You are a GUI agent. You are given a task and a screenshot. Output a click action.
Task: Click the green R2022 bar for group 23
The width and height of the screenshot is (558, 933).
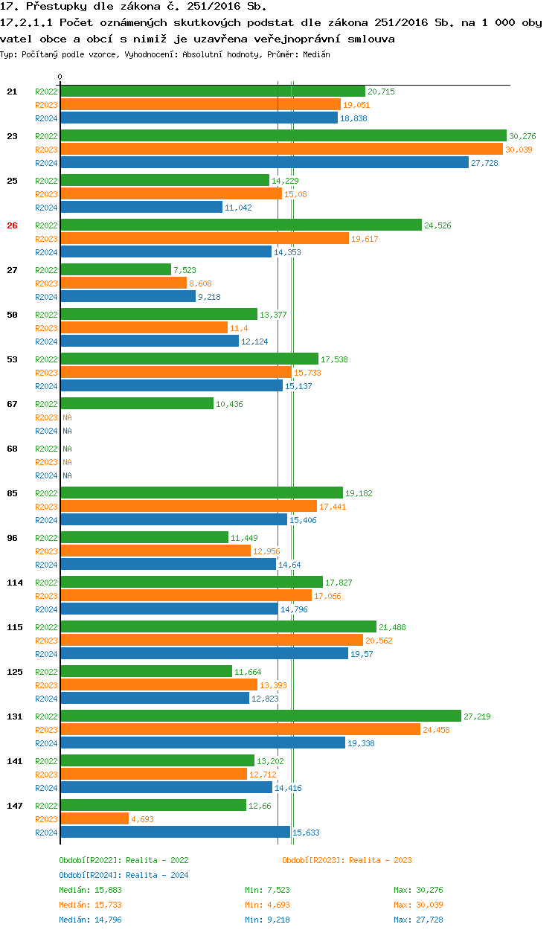click(283, 135)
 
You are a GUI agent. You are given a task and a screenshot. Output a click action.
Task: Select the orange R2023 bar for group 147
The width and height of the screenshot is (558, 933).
click(94, 818)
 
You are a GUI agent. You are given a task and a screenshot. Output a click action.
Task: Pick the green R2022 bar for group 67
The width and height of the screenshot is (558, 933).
click(137, 403)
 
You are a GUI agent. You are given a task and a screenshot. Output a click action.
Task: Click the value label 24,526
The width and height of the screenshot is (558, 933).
click(437, 225)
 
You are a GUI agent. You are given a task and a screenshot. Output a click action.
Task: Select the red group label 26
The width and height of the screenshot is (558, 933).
click(12, 225)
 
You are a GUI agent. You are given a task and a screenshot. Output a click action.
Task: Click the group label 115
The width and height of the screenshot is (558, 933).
click(14, 627)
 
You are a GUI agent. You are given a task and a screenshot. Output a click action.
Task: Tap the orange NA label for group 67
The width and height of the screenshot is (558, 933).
click(67, 417)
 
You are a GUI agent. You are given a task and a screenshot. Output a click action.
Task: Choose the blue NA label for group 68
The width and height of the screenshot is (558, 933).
click(67, 475)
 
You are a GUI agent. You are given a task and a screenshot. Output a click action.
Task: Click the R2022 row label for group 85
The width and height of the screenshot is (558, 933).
click(46, 493)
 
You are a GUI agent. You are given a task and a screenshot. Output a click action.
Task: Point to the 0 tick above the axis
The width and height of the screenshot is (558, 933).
click(60, 77)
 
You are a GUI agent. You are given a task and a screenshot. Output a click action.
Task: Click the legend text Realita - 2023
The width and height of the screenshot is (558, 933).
click(380, 860)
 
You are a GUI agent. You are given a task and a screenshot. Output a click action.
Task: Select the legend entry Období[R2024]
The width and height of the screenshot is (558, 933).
click(91, 875)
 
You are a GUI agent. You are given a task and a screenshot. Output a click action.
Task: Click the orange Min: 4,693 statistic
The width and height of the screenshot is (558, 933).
click(267, 905)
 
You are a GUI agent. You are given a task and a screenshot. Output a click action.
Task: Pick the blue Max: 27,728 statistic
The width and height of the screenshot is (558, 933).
click(418, 920)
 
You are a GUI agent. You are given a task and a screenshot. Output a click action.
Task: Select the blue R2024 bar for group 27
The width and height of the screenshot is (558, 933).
click(128, 296)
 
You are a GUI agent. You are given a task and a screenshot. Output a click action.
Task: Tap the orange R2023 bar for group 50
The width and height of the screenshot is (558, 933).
click(144, 327)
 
